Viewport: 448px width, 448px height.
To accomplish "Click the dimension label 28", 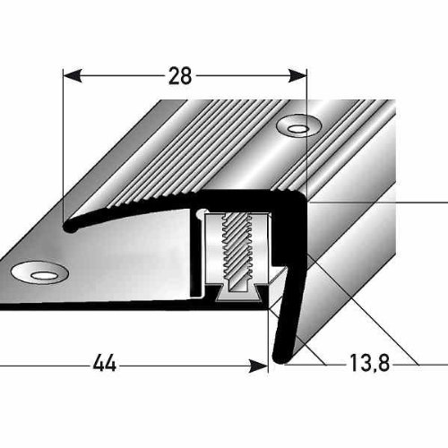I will point(181,77).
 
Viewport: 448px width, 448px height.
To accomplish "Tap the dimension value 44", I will point(107,364).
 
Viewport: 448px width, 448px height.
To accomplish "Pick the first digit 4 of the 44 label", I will point(99,364).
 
